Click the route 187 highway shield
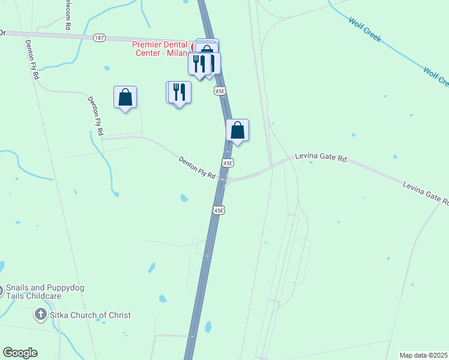coord(100,38)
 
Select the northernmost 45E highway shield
coord(220,91)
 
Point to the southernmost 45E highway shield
coord(218,210)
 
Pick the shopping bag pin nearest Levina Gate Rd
coord(238,130)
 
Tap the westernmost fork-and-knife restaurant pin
coord(179,92)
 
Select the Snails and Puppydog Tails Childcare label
coord(45,292)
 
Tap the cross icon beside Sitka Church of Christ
coord(40,314)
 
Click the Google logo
coord(20,353)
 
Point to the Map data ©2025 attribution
coord(424,355)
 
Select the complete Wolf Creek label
coord(365,29)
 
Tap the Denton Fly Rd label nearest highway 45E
coord(197,167)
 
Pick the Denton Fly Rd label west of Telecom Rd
coord(32,60)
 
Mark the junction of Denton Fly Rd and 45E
coord(223,179)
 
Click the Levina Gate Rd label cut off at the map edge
coord(426,193)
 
